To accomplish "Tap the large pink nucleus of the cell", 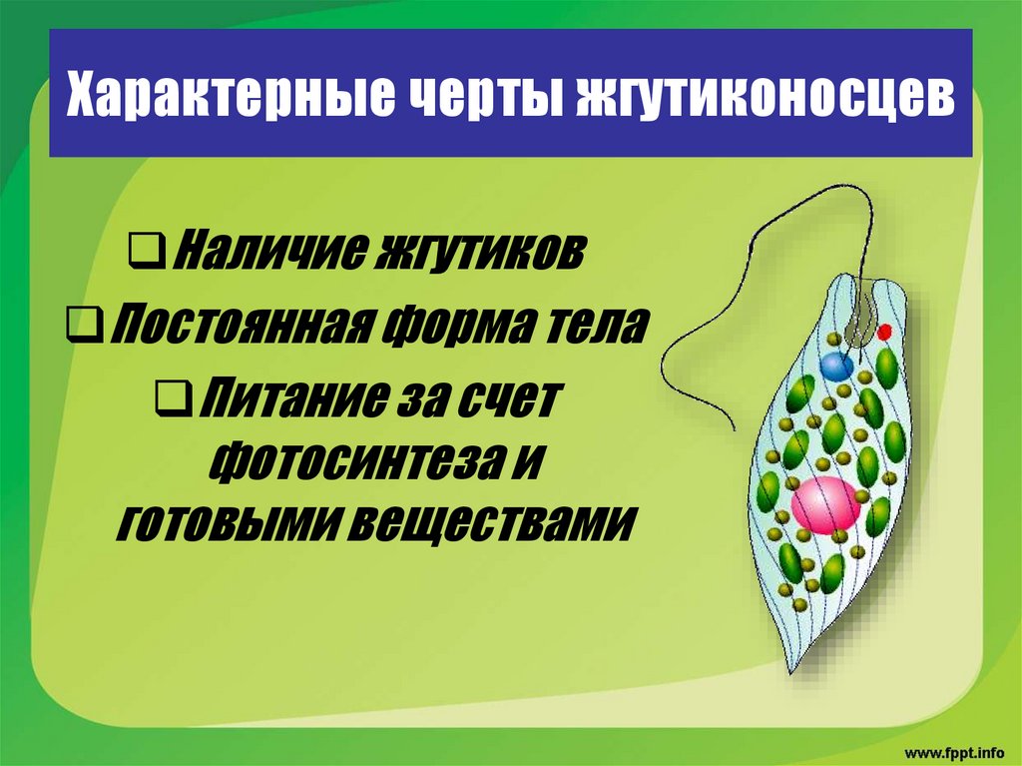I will click(x=825, y=503).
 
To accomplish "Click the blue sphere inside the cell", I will click(x=835, y=366).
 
